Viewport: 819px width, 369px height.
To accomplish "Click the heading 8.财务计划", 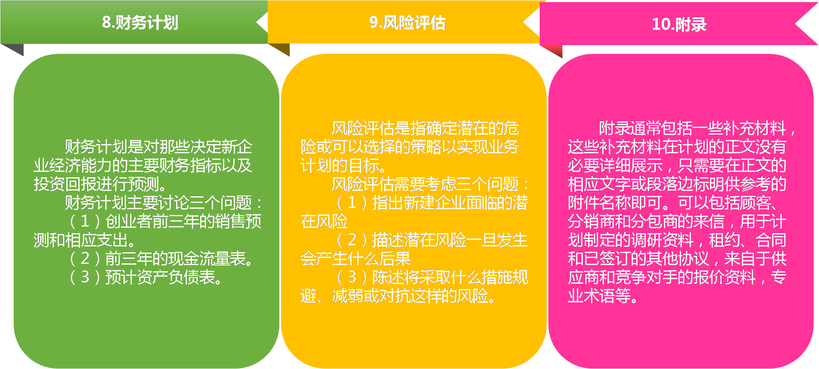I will [140, 22].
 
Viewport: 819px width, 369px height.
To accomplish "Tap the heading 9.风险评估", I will [407, 22].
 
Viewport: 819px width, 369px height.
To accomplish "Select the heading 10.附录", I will [679, 24].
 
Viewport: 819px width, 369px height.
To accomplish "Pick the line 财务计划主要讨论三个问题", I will [163, 203].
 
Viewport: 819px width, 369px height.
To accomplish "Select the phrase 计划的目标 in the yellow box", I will [344, 166].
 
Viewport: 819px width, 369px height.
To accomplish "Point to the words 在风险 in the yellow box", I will [324, 222].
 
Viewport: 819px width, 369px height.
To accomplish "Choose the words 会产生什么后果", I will [356, 259].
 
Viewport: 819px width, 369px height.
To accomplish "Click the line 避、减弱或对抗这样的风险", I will [398, 296].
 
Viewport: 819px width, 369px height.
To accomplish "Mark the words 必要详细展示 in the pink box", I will [615, 166].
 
